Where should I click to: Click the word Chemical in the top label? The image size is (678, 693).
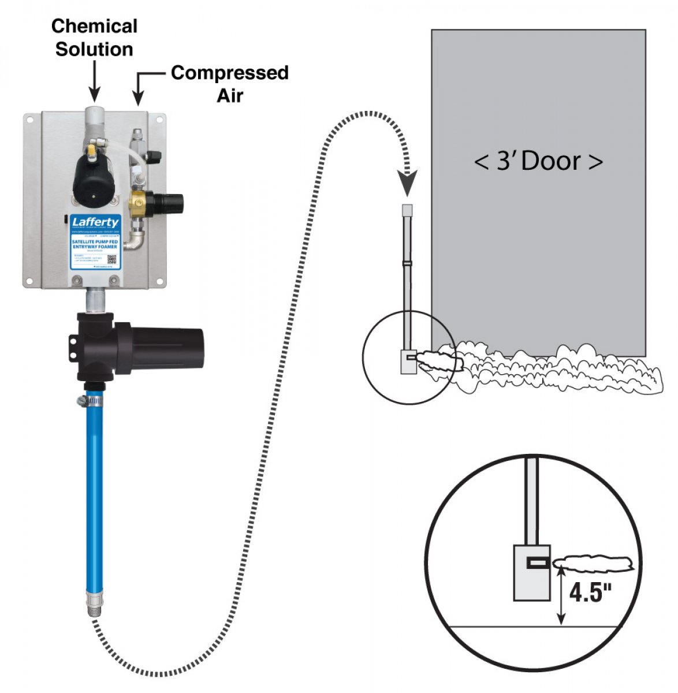[94, 26]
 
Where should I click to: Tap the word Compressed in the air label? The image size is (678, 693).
[229, 73]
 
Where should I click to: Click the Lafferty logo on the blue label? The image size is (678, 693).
[95, 222]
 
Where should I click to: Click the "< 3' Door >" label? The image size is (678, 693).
[538, 161]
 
